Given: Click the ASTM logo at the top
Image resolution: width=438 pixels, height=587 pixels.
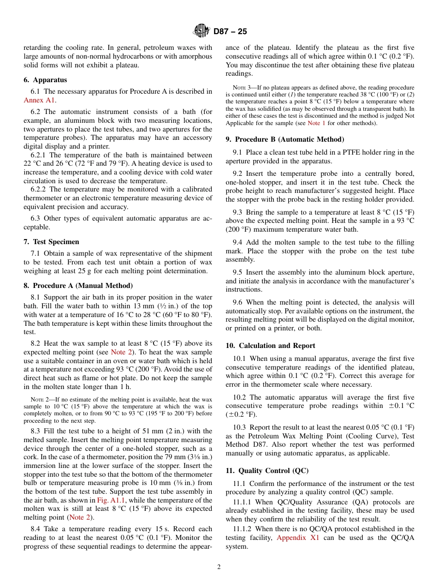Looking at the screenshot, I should (201, 31).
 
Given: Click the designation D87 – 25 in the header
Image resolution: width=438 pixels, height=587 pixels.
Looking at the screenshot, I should (230, 31).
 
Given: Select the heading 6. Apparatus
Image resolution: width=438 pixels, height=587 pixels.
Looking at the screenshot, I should (45, 80).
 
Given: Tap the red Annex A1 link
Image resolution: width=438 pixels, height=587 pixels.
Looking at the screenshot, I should (40, 100).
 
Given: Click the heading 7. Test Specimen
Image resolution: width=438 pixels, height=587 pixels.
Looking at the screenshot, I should (51, 242).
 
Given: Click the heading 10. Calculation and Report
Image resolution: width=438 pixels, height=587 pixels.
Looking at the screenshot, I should (270, 346).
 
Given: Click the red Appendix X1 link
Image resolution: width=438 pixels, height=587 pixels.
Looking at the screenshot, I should (298, 538).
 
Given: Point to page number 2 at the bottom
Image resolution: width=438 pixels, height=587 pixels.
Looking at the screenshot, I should (219, 567).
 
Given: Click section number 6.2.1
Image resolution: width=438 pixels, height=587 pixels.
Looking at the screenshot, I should (39, 155).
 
